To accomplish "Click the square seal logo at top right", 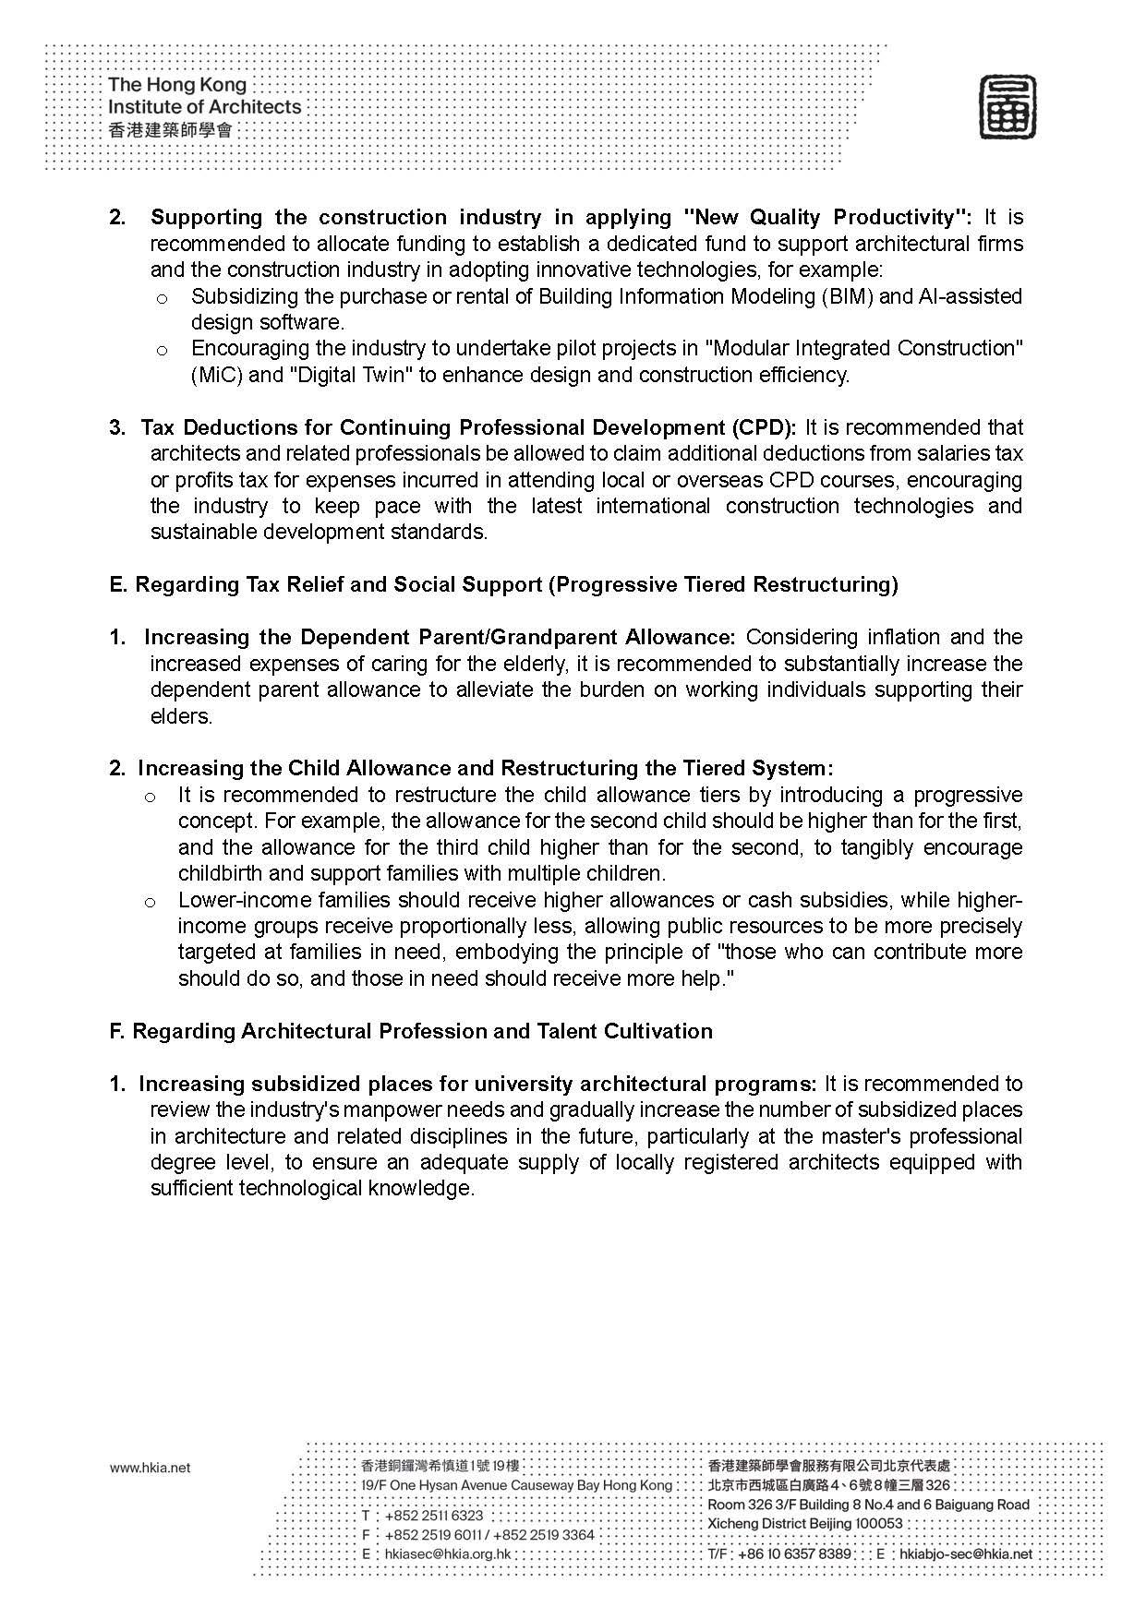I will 1007,108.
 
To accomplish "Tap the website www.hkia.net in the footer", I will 150,1468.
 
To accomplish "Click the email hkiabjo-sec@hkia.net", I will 966,1553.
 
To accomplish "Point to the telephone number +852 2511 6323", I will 433,1515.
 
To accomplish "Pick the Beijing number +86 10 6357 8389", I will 794,1553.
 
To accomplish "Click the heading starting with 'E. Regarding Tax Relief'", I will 503,584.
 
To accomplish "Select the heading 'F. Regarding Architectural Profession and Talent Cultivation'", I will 411,1031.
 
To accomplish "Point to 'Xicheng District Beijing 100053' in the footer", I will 805,1523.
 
